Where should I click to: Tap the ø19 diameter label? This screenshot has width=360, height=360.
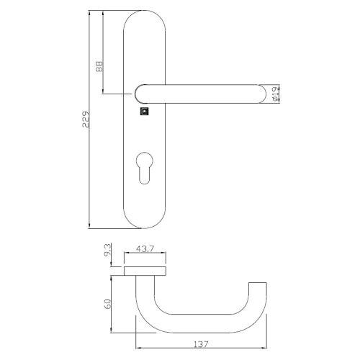click(275, 94)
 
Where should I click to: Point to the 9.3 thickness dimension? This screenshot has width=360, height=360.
click(107, 253)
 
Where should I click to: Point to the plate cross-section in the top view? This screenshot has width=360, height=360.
click(145, 270)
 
